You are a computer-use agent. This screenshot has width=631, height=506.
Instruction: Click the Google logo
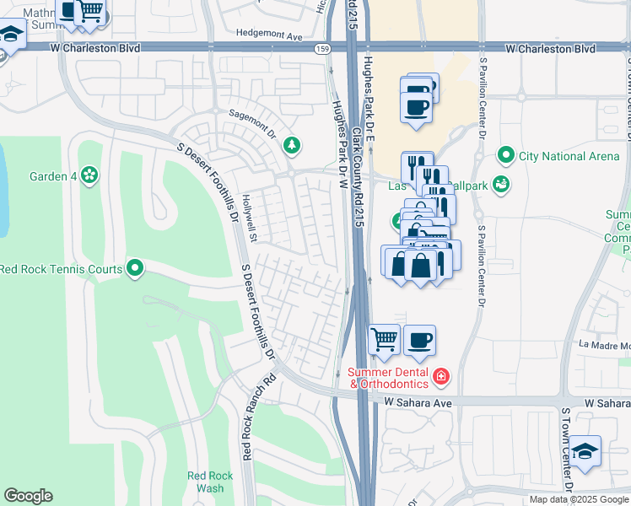(x=28, y=496)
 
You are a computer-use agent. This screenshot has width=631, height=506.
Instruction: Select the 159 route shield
(x=323, y=49)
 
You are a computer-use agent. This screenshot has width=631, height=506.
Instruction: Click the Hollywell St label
(x=249, y=207)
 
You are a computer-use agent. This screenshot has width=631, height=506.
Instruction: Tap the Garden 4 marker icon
(x=89, y=175)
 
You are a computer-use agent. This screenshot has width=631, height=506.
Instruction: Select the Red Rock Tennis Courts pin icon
(x=135, y=269)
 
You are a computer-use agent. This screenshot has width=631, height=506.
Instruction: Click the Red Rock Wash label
(x=205, y=482)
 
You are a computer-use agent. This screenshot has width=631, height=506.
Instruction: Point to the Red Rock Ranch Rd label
(x=247, y=417)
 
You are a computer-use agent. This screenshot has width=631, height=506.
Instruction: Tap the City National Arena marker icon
(x=505, y=155)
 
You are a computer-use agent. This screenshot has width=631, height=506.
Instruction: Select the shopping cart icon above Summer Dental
(x=384, y=340)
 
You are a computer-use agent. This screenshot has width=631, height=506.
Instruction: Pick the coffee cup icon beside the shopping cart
(x=419, y=340)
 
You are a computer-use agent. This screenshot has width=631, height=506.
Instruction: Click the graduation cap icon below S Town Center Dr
(x=585, y=450)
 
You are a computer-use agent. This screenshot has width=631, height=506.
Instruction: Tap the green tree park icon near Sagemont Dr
(x=292, y=146)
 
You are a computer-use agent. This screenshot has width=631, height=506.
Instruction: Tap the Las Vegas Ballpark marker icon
(x=500, y=184)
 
